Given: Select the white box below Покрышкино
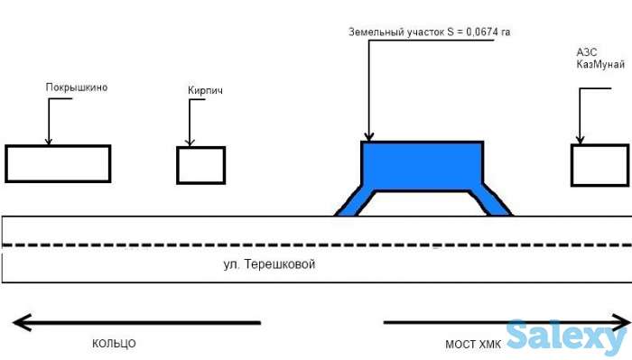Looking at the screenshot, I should pos(58,163).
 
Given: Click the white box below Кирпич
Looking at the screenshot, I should pos(200,165).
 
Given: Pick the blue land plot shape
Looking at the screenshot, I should pos(422,165).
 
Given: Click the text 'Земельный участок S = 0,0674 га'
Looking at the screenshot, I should pos(430,32).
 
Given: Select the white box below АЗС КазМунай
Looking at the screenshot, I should pos(599,165).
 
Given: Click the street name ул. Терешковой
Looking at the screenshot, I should pos(271,265).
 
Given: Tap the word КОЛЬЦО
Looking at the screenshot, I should pos(114,344).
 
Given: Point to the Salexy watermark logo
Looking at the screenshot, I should pos(566,337).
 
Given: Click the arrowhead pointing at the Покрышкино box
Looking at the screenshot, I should pos(49,140).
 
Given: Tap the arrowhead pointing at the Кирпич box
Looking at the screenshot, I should pos(190,142).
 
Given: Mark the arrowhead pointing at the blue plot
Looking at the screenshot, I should pos(367,136).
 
